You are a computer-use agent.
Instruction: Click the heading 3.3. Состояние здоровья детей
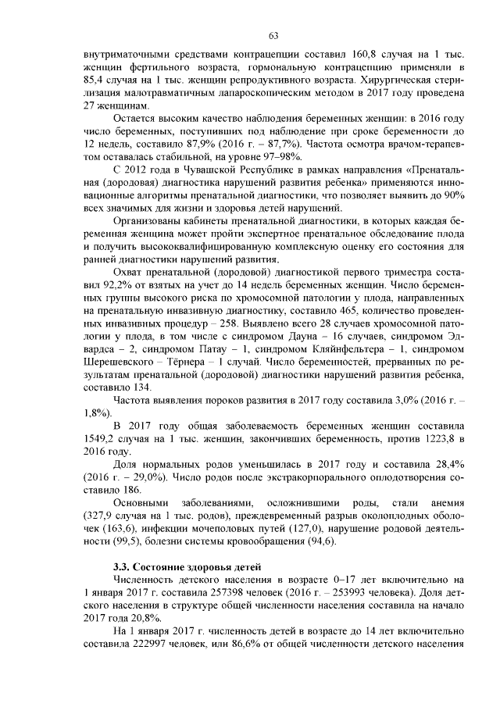click(187, 566)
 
